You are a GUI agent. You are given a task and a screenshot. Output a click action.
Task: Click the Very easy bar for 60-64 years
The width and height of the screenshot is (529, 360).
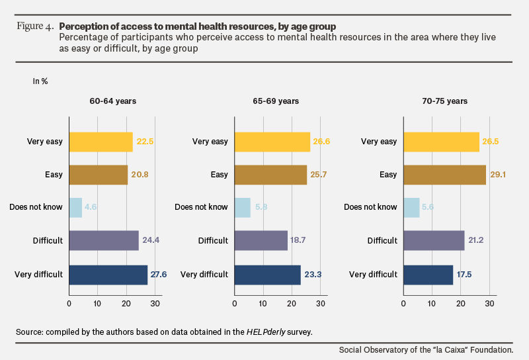point(101,142)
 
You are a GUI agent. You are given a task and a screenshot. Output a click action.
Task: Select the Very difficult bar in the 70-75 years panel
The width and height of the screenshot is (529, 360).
point(428,275)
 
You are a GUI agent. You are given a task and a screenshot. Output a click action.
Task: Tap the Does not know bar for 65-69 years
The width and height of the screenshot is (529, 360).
point(242,208)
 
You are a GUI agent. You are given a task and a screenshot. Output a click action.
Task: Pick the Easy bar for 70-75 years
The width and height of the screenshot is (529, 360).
point(444,175)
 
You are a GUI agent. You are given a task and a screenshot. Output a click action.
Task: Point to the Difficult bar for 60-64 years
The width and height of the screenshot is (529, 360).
point(104,240)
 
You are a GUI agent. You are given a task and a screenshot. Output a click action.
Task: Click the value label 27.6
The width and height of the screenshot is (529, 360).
point(159,274)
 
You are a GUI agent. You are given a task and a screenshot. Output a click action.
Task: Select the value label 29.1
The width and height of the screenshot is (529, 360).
point(498,175)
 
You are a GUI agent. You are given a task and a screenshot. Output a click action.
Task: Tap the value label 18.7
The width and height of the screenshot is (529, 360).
point(298,240)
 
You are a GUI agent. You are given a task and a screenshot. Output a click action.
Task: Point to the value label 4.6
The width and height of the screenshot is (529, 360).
point(91,206)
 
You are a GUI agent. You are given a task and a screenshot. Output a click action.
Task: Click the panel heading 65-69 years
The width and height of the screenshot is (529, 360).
point(276,101)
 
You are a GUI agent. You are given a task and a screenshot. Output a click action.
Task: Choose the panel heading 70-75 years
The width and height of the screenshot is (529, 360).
point(444,101)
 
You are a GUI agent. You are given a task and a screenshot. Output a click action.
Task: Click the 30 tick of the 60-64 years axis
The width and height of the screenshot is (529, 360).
point(155,304)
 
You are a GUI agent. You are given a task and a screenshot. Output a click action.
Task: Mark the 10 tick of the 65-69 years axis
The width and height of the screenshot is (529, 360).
point(263,304)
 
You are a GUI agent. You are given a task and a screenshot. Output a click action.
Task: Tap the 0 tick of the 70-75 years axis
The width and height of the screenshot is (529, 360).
point(403,304)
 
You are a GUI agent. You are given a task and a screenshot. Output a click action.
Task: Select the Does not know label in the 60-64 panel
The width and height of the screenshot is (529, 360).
point(36,207)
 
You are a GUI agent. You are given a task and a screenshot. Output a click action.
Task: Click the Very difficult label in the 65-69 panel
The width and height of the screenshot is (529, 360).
point(204,274)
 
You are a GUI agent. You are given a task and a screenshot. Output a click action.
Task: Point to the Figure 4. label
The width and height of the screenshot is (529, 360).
point(35,26)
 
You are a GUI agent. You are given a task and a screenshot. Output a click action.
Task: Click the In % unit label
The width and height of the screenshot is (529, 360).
point(40,81)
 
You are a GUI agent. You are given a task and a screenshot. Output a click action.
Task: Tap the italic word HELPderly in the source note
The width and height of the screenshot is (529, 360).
point(266,332)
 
